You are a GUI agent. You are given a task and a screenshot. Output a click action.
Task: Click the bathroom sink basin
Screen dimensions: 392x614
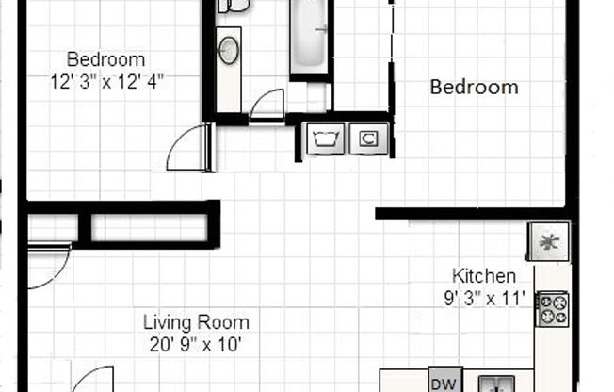point(229,50)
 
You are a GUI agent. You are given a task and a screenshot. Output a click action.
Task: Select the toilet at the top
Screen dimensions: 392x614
point(234,6)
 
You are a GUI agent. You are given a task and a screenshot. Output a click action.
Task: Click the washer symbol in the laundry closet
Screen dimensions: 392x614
point(325,139)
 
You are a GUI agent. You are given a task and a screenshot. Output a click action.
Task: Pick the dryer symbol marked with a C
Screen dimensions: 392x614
point(367,139)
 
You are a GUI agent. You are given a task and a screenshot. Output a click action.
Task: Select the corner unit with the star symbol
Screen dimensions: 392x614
point(547,241)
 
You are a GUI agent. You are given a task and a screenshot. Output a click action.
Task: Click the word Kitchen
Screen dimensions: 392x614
point(484,276)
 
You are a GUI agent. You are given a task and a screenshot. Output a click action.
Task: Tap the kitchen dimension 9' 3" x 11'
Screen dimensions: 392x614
point(485,301)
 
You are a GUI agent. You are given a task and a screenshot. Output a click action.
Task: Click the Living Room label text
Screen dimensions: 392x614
point(196,322)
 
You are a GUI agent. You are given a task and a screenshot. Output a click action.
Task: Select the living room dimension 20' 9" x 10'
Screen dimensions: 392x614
point(196,345)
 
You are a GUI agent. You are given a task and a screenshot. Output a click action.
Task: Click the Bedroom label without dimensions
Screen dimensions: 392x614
point(474,88)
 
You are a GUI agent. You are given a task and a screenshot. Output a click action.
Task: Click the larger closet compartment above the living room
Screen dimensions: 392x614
point(149,227)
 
